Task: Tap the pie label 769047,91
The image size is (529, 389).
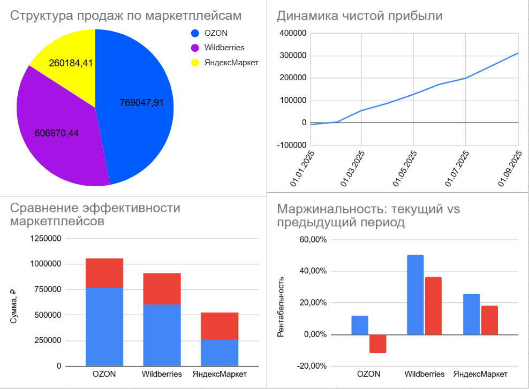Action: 141,103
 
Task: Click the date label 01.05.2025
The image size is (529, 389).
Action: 405,169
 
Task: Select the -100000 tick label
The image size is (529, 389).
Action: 291,145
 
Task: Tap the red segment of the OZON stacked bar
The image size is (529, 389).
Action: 104,273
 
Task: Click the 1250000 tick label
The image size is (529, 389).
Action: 46,239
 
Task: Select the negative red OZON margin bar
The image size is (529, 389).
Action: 377,344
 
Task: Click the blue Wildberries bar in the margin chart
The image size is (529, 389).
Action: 415,295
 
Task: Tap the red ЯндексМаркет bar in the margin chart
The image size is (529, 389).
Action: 489,320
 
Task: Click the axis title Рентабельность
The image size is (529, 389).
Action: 280,307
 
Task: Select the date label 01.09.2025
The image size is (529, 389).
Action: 510,169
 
